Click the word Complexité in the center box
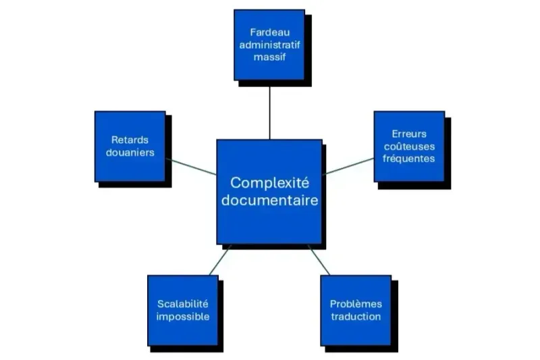269,182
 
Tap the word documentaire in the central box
269,201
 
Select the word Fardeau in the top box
269,32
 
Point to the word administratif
269,45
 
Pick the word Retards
130,140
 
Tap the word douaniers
130,153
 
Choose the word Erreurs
409,134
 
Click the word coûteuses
409,146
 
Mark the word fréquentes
409,159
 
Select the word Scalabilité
183,304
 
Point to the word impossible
183,316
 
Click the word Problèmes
356,304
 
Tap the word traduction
356,316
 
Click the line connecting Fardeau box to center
269,111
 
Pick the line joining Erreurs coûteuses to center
348,165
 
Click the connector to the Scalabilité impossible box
220,260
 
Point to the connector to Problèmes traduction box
319,260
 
